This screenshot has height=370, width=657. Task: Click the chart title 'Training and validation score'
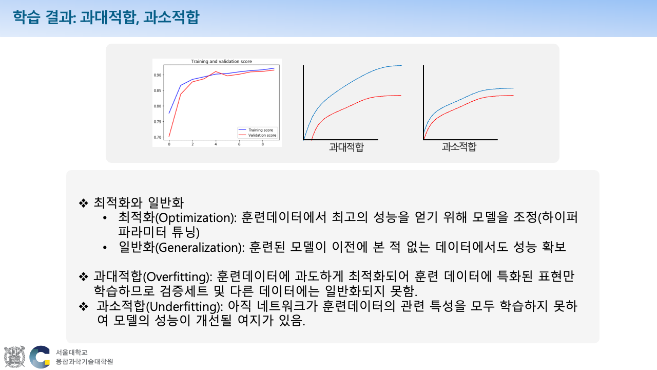point(221,62)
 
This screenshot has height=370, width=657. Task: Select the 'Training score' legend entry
point(260,130)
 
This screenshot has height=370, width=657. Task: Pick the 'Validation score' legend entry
point(262,135)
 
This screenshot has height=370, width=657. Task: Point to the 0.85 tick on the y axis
point(158,90)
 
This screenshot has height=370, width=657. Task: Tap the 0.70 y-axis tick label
point(158,137)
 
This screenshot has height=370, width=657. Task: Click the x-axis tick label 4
point(216,144)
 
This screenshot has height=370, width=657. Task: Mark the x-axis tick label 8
point(263,144)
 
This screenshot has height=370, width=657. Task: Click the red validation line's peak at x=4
point(216,71)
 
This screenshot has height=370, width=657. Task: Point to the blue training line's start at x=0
point(169,113)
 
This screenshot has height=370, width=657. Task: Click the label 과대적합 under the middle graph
point(346,147)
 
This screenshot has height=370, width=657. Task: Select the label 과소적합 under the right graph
point(459,146)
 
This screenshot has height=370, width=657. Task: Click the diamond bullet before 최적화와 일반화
point(83,202)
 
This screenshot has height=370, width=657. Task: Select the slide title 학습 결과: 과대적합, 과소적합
point(106,18)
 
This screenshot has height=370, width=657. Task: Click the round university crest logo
point(14,357)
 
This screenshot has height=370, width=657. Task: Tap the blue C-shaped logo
point(39,357)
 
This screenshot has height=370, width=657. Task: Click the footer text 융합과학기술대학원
point(84,362)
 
